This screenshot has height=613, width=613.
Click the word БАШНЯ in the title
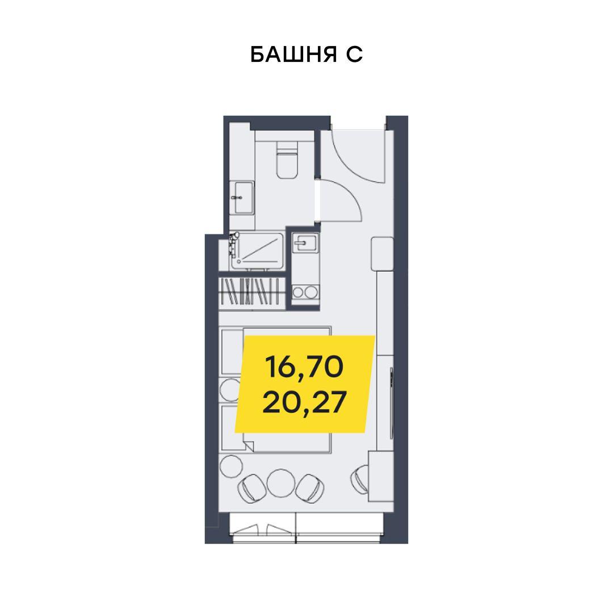pos(293,54)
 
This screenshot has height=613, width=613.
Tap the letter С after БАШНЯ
pos(354,54)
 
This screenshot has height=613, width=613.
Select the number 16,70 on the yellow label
pos(304,367)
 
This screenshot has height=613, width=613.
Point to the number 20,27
pos(305,402)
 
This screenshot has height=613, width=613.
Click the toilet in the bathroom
pos(287,160)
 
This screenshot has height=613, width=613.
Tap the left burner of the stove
pos(299,292)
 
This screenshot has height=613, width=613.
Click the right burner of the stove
pos(311,292)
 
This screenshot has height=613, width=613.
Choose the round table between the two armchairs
pos(281,483)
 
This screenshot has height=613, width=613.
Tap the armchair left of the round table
pos(251,488)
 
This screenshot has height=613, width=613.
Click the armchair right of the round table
pos(310,488)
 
